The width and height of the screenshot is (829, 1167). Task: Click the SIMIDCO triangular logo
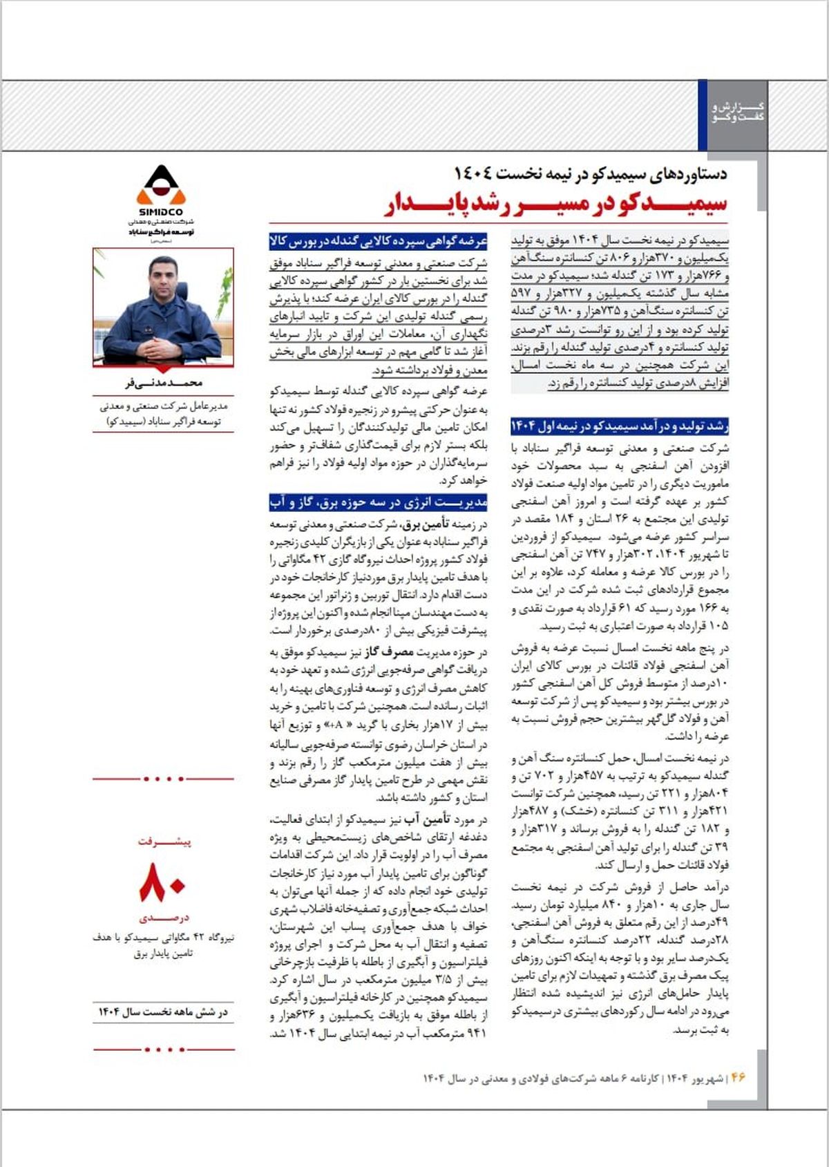coord(160,185)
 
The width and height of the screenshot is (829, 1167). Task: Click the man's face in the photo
coord(163,276)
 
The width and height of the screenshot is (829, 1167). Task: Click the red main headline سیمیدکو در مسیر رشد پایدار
coord(556,203)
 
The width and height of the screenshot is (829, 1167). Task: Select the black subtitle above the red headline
coord(591,173)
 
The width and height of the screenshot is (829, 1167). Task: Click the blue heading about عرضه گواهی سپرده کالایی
coord(379,241)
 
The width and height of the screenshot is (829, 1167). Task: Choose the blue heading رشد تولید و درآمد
coord(620,426)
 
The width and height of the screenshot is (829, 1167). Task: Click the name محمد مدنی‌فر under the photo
coord(160,383)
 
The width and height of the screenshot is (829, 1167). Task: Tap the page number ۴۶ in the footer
coord(738,1077)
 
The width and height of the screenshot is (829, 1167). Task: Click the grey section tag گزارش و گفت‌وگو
coord(739,113)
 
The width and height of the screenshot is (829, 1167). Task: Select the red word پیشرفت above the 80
coord(164,842)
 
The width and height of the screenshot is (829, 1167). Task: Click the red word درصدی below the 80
coord(164,918)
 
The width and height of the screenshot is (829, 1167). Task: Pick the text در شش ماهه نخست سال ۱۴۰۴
coord(163,1012)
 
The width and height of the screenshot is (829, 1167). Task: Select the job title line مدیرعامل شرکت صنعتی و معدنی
coord(164,406)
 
